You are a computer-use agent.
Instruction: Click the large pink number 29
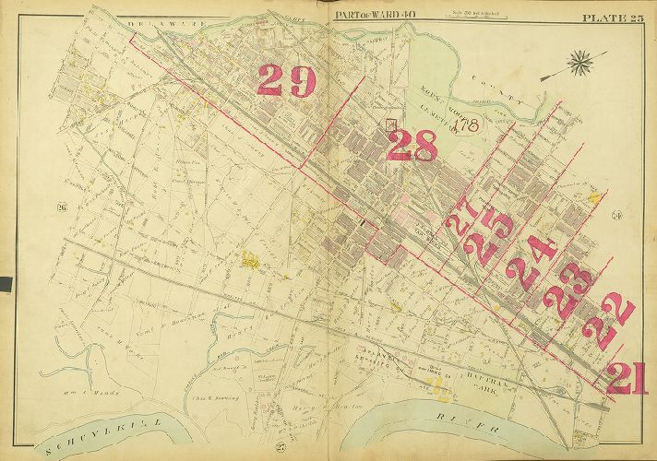pos(286,80)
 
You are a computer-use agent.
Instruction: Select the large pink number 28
pos(412,146)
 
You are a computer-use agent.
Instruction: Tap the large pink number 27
pos(462,219)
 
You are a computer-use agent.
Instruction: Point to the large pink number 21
pos(627,377)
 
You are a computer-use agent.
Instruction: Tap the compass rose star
pos(580,65)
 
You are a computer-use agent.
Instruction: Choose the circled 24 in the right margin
pos(616,216)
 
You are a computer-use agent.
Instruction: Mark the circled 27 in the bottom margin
pos(280,446)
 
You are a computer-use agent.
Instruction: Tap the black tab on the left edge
pos(5,282)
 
